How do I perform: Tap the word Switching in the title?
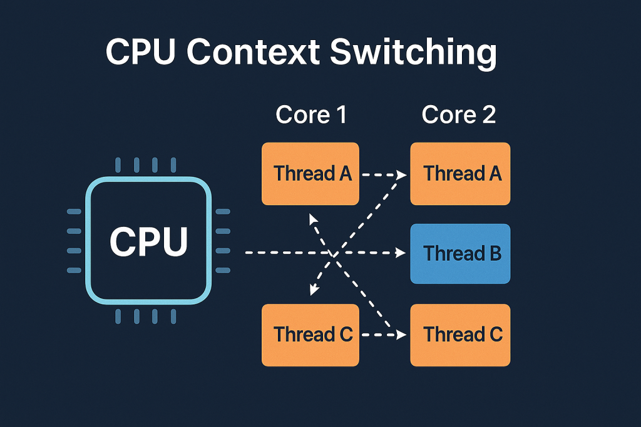pyautogui.click(x=413, y=54)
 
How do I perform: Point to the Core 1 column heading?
pyautogui.click(x=311, y=115)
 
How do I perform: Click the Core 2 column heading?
pyautogui.click(x=459, y=115)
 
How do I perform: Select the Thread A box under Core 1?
pyautogui.click(x=310, y=174)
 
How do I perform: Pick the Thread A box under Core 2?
pyautogui.click(x=460, y=174)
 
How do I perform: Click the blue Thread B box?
pyautogui.click(x=460, y=253)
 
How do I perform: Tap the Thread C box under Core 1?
pyautogui.click(x=310, y=334)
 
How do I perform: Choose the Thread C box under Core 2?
pyautogui.click(x=460, y=334)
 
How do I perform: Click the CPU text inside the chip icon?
pyautogui.click(x=149, y=241)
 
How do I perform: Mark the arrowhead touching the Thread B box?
pyautogui.click(x=401, y=253)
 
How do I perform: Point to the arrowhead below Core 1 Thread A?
pyautogui.click(x=311, y=217)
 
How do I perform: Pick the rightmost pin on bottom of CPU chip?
pyautogui.click(x=173, y=317)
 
